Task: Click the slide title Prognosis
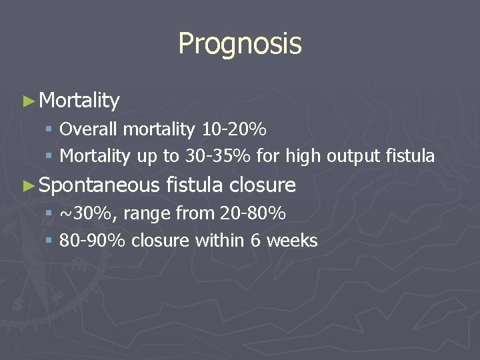coord(240,44)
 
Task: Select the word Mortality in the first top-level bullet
coord(79,101)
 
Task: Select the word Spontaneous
coord(99,185)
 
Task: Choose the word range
coord(147,214)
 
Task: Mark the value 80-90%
coord(92,241)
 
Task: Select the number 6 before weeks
coord(256,241)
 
